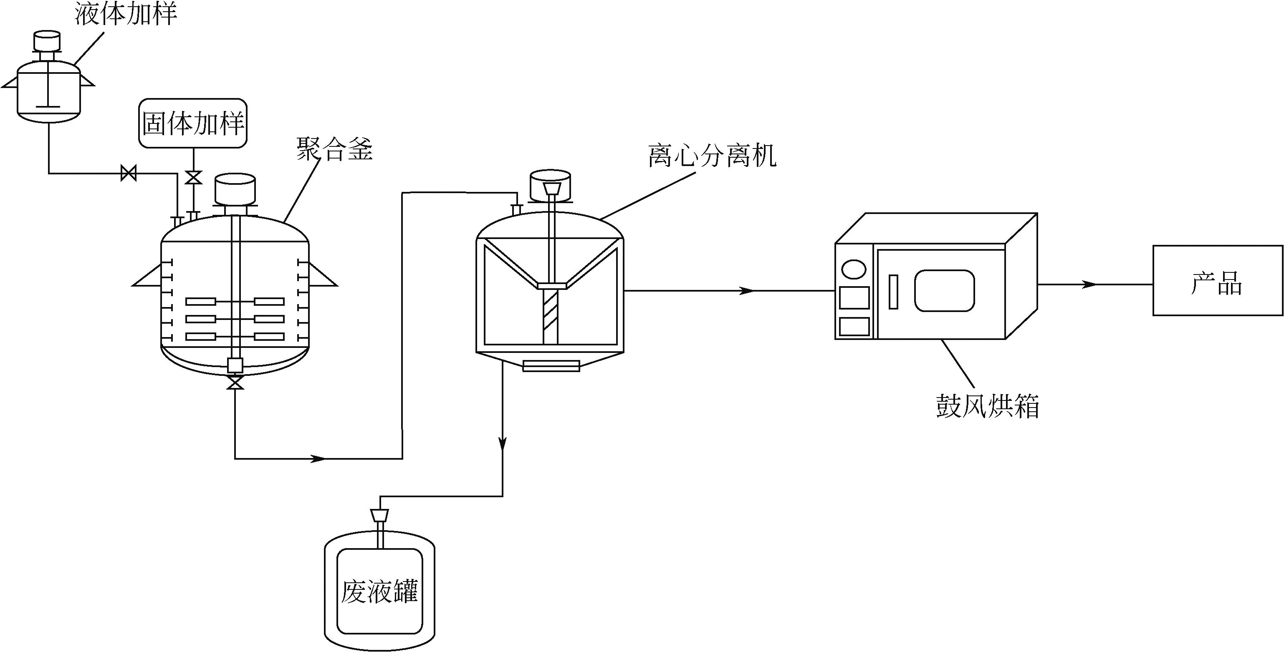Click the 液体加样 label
pyautogui.click(x=126, y=13)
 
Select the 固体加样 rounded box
pyautogui.click(x=193, y=123)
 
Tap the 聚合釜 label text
pyautogui.click(x=334, y=149)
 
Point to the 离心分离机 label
pyautogui.click(x=712, y=156)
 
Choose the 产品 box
pyautogui.click(x=1218, y=280)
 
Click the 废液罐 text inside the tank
pyautogui.click(x=380, y=591)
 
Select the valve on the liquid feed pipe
pyautogui.click(x=129, y=174)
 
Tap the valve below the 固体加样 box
pyautogui.click(x=193, y=177)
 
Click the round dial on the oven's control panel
pyautogui.click(x=854, y=269)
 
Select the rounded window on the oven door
pyautogui.click(x=944, y=290)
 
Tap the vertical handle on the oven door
pyautogui.click(x=894, y=292)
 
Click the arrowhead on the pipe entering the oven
pyautogui.click(x=746, y=290)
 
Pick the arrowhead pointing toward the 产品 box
pyautogui.click(x=1089, y=284)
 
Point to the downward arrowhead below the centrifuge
pyautogui.click(x=503, y=442)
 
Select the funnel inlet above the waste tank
pyautogui.click(x=380, y=514)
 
